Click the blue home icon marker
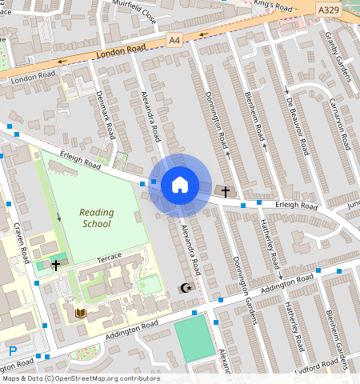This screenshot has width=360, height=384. coord(180,186)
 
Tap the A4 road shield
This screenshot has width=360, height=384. coord(174,39)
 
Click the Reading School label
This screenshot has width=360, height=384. coord(97,218)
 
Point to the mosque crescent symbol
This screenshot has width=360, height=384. coord(186,287)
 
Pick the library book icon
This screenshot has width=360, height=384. coord(79,313)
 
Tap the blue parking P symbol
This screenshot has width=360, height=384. coord(12,350)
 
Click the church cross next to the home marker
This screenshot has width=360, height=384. coord(226,191)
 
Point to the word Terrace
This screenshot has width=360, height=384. coord(108,257)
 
